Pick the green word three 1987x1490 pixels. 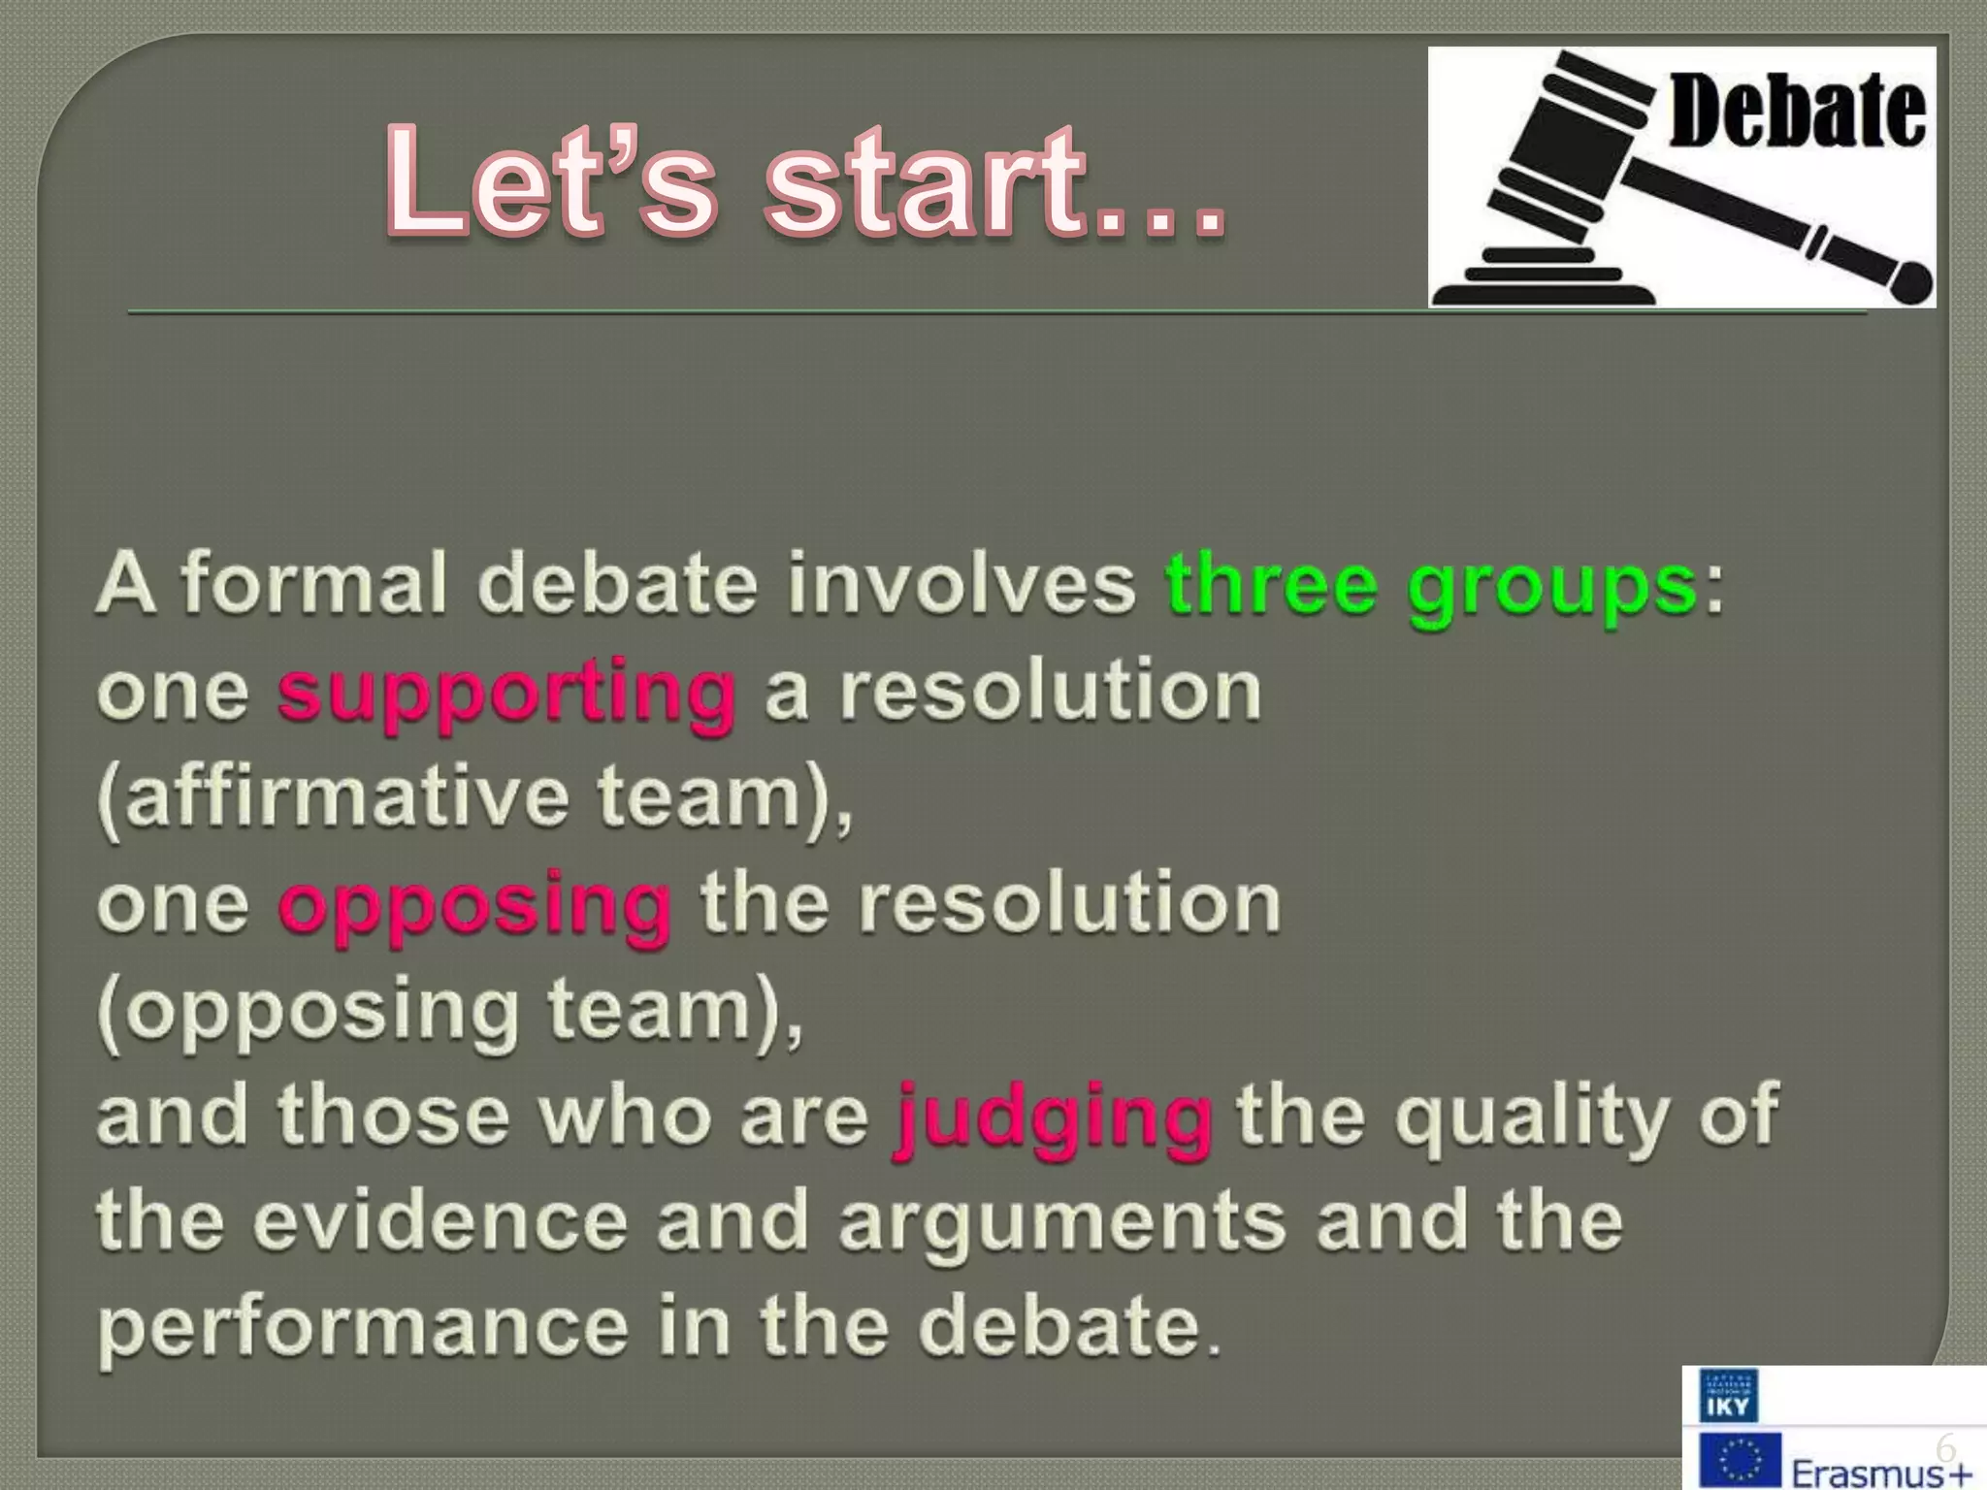point(1271,585)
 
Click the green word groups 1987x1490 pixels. point(1551,589)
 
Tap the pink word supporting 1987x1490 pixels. point(505,694)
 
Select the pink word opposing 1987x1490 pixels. point(474,906)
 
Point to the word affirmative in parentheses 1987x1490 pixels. point(346,797)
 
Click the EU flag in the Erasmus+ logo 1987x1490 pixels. point(1741,1461)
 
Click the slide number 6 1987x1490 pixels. point(1945,1447)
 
